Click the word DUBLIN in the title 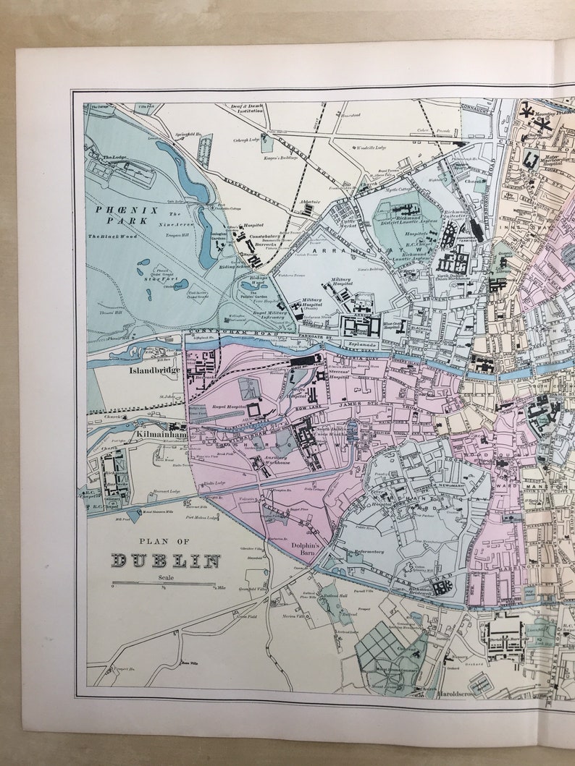[x=166, y=561]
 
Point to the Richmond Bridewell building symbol [x=439, y=587]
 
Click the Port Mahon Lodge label [x=201, y=517]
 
